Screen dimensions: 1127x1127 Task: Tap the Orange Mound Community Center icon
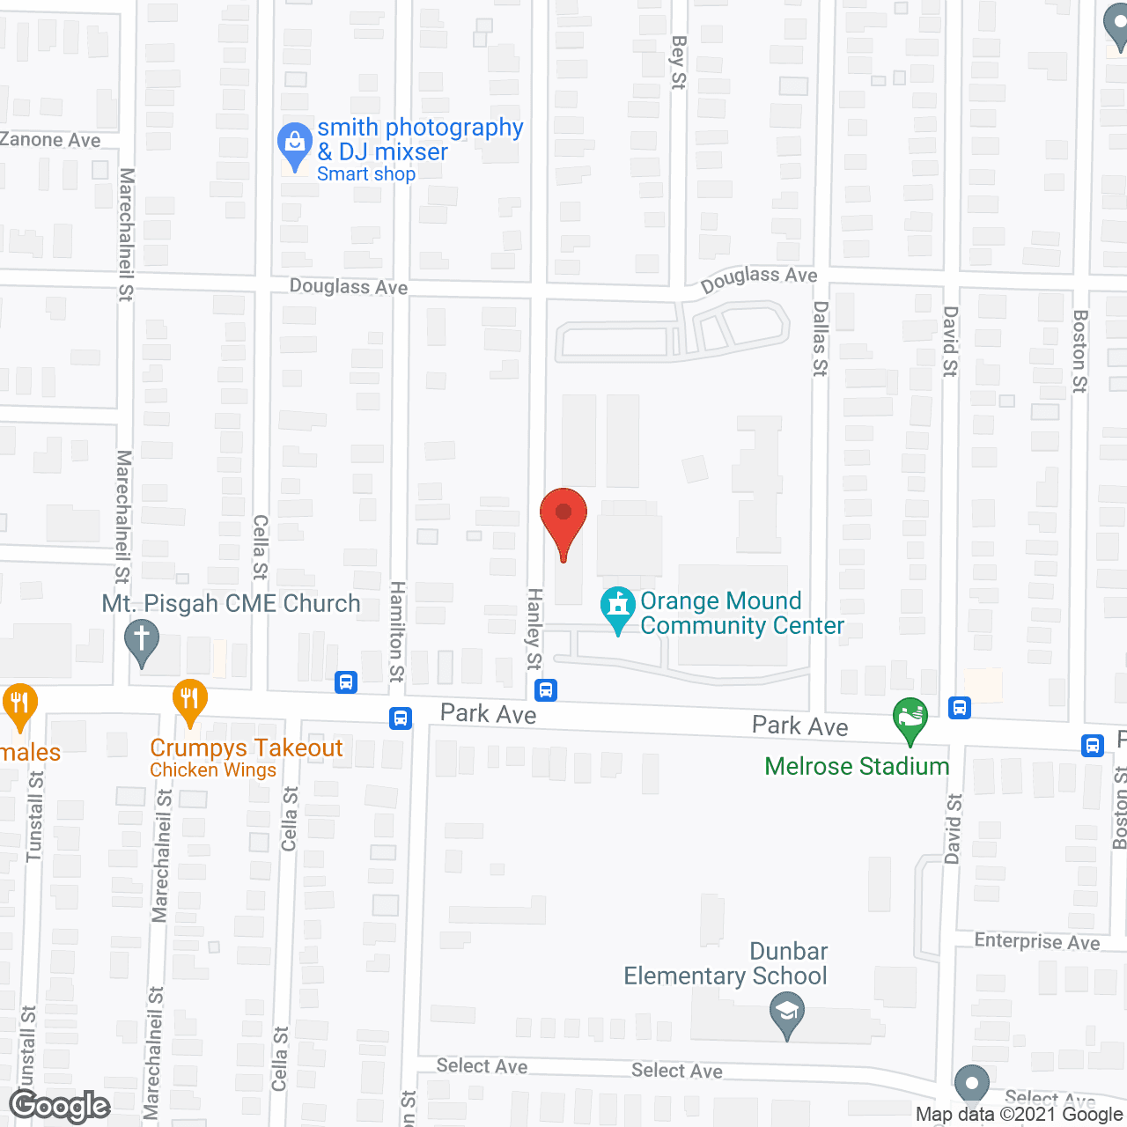[618, 608]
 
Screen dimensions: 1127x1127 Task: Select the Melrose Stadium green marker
[910, 719]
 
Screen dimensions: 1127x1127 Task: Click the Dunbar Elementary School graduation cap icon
[787, 1014]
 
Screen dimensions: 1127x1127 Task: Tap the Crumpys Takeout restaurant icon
[189, 701]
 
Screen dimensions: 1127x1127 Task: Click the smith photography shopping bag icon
[294, 144]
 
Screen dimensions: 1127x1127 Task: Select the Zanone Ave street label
[50, 139]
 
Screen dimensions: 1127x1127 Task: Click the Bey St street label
[678, 62]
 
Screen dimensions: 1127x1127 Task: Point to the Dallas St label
[820, 339]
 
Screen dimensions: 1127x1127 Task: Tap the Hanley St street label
[534, 630]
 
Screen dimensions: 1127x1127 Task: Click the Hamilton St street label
[397, 631]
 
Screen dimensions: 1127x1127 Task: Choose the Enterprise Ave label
[1036, 941]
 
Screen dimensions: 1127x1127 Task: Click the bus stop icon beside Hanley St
[546, 690]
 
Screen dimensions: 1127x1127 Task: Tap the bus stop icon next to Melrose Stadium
[960, 707]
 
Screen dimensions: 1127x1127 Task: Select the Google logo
[60, 1106]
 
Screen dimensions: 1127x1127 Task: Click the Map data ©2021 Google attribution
[1019, 1114]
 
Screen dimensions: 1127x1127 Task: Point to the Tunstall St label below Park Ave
[35, 816]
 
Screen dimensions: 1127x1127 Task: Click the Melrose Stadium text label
[857, 766]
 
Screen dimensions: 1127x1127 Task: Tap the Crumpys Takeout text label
[247, 748]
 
